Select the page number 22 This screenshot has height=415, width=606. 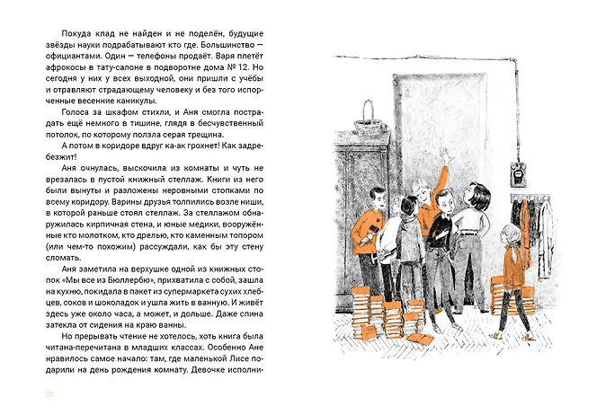pos(37,394)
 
